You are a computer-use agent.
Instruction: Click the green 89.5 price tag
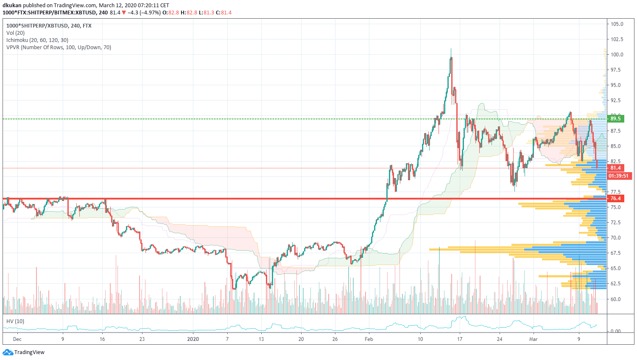pos(615,119)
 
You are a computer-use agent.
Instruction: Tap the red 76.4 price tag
pos(615,198)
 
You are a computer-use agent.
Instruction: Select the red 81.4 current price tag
pos(615,168)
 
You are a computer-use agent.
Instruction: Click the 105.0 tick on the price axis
pos(617,24)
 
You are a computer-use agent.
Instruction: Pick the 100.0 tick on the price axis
pos(617,55)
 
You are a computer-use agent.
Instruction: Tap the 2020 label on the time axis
pos(193,339)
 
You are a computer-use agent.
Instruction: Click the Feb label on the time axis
pos(369,339)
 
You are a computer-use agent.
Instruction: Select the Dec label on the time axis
pos(17,339)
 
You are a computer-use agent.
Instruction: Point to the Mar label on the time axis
pos(533,339)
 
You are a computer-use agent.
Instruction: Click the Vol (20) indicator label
pos(15,33)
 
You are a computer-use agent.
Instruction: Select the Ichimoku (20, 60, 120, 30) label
pos(37,40)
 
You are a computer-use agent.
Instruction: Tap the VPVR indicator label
pos(59,47)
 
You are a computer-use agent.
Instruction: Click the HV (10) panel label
pos(15,321)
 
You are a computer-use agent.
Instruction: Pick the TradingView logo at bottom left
pos(24,352)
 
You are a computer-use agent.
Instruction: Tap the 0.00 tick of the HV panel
pos(615,331)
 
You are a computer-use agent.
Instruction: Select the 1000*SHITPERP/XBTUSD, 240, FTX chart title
pos(49,26)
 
